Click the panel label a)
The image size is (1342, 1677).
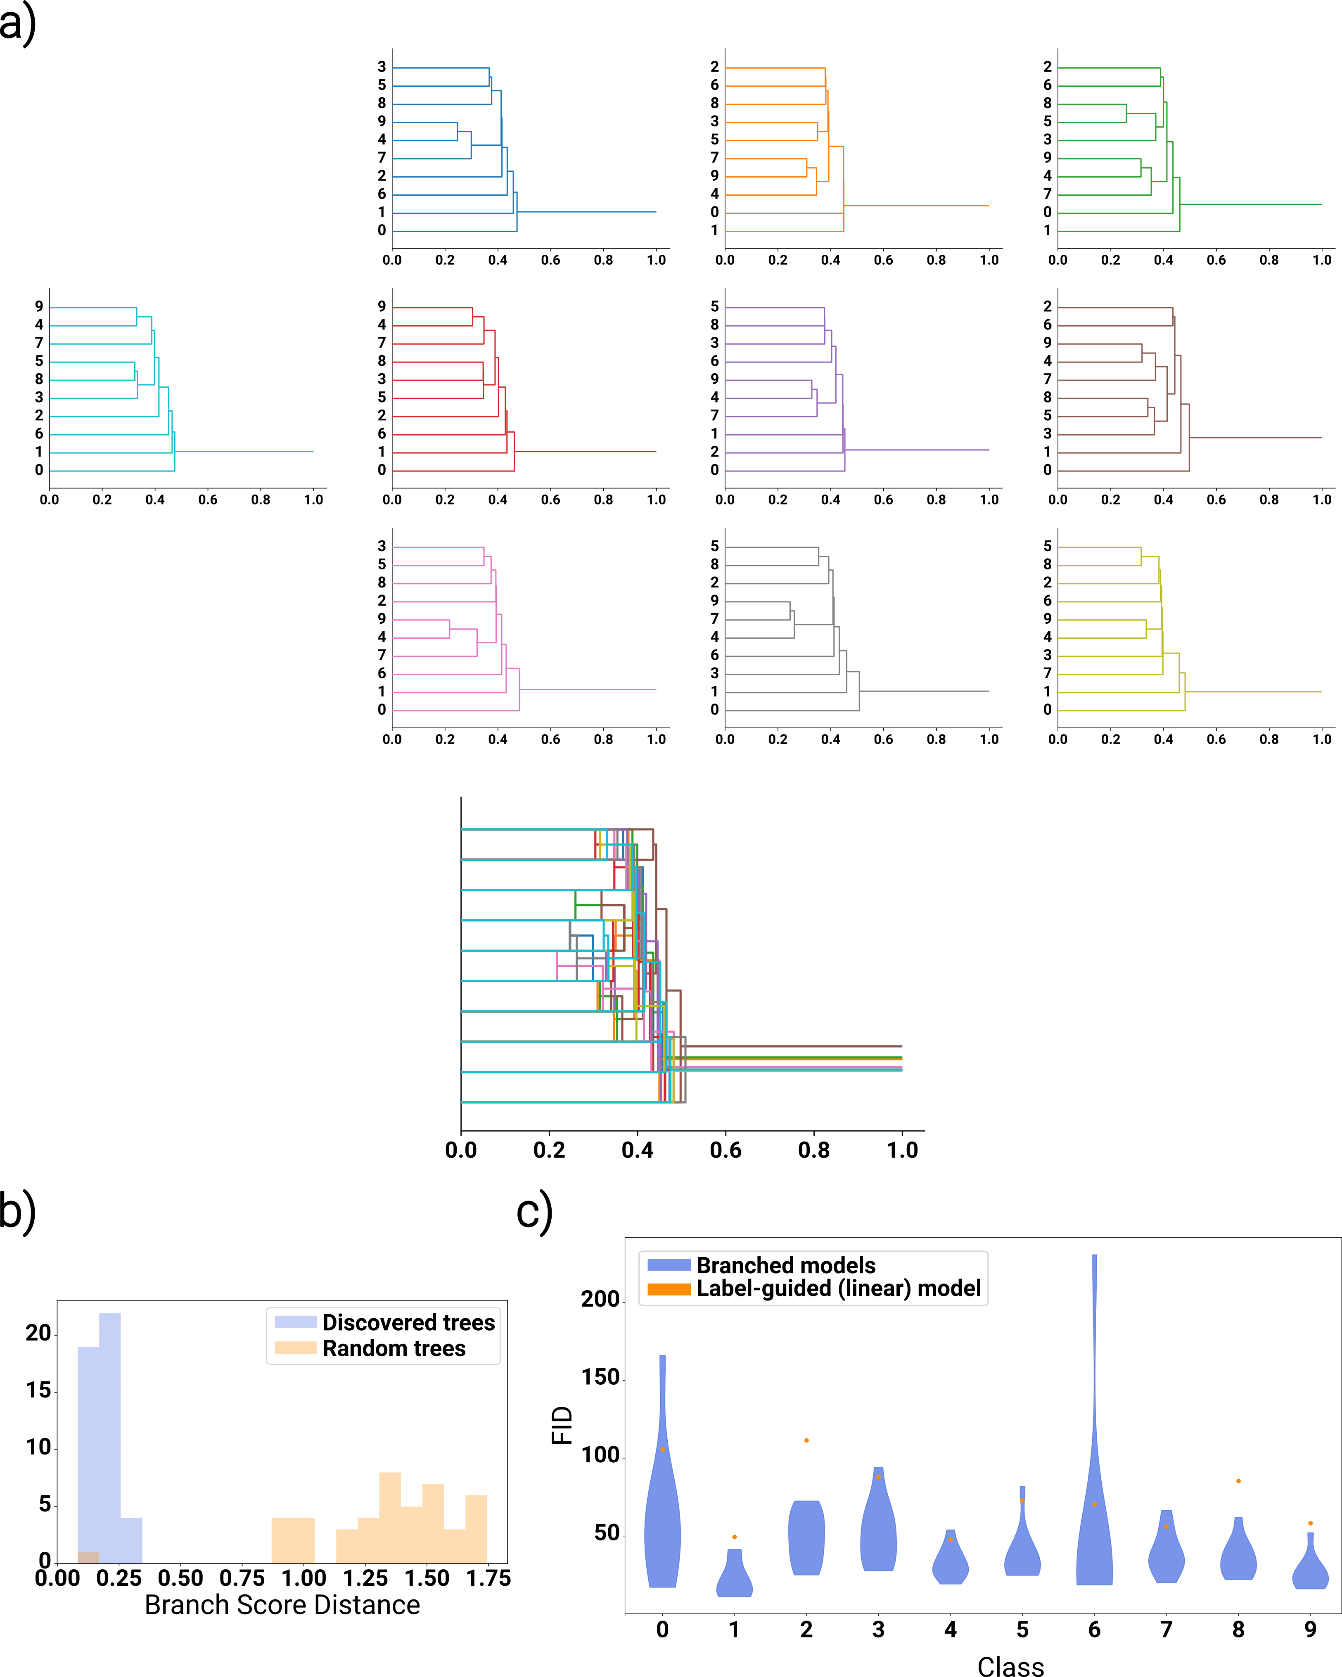click(x=17, y=24)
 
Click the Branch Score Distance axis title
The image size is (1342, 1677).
click(x=282, y=1605)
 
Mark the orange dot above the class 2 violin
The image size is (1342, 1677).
click(x=807, y=1440)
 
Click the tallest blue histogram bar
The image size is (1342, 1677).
click(x=110, y=1439)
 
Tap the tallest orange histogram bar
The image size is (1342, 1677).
click(x=390, y=1517)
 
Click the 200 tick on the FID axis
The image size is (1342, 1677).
click(x=600, y=1299)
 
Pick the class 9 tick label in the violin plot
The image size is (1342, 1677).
click(x=1311, y=1630)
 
